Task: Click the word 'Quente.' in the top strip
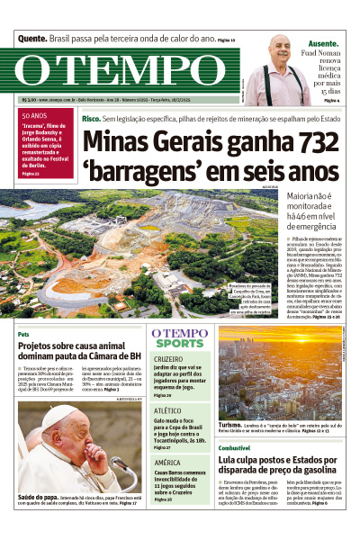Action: click(x=32, y=40)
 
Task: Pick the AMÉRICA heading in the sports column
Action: click(x=166, y=462)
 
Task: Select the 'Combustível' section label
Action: click(x=234, y=447)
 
